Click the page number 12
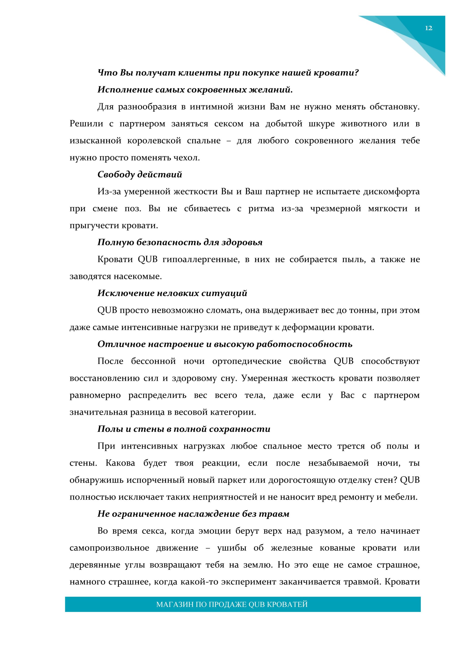pos(428,28)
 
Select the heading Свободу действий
pos(140,174)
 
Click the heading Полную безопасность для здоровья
pos(180,242)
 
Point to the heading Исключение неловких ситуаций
pos(172,293)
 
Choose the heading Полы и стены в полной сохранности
pos(184,429)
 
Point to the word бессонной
pos(153,361)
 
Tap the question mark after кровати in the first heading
pos(357,73)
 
